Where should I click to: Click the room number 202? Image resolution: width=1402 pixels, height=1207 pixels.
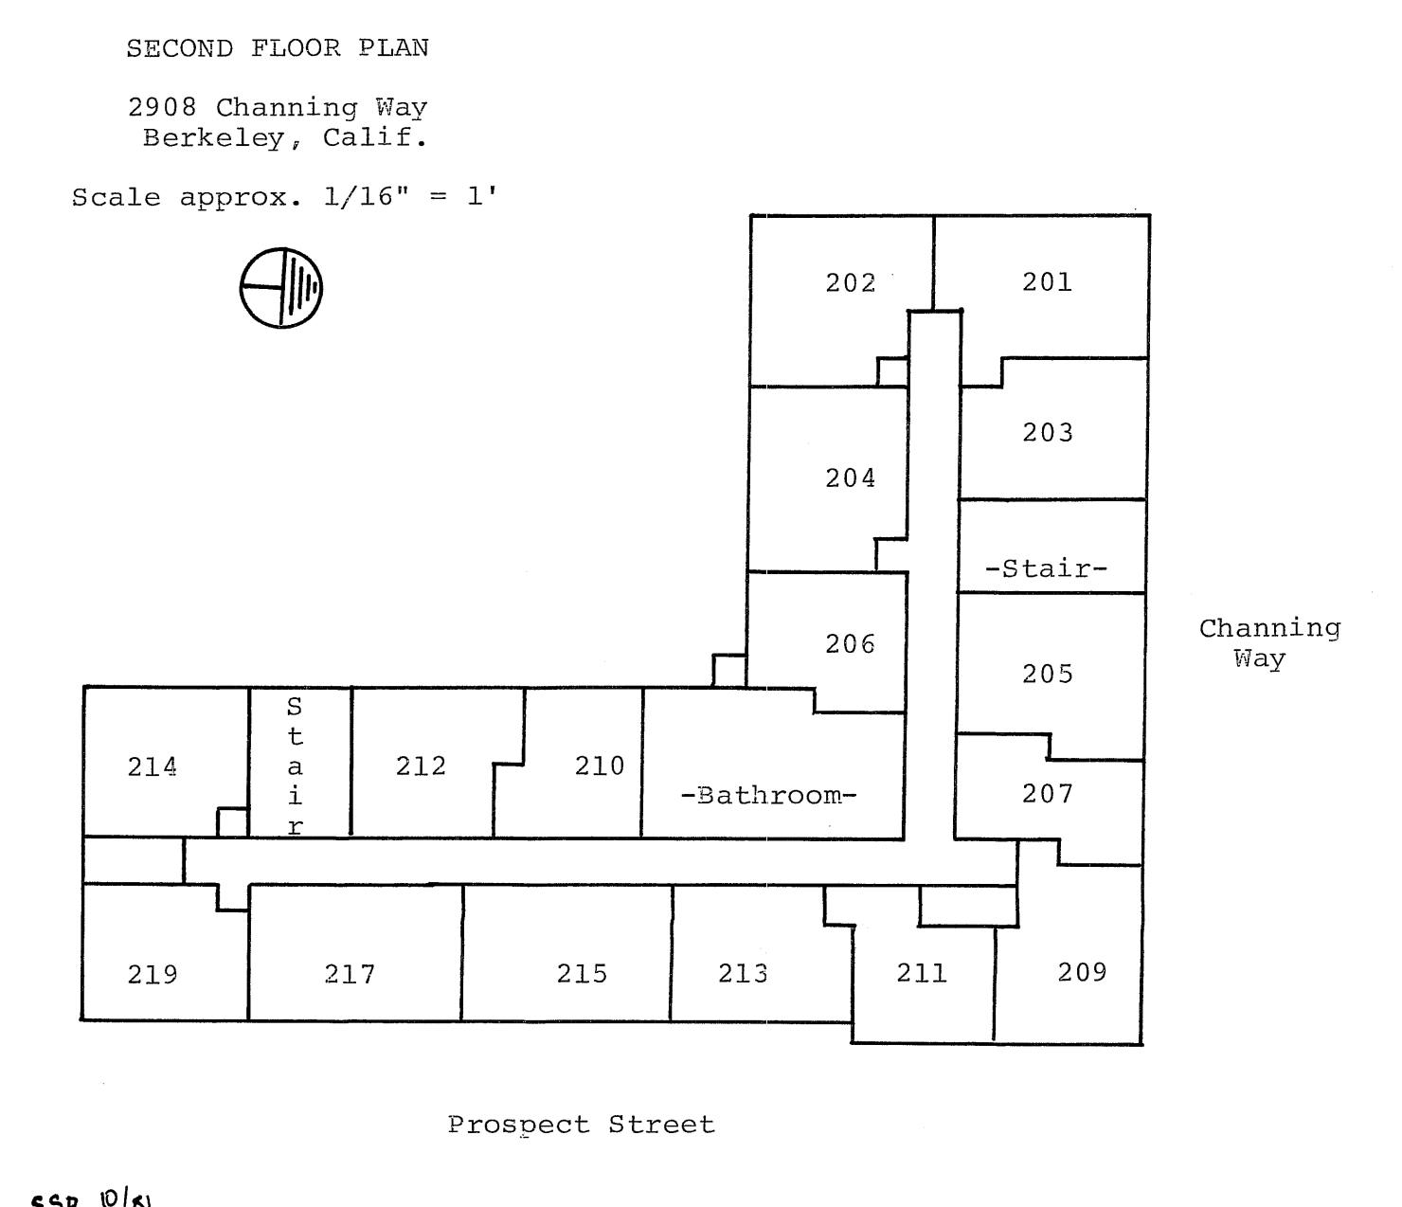point(850,282)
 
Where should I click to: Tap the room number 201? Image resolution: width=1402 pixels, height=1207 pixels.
point(1047,281)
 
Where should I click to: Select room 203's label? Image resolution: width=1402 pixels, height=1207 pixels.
point(1047,432)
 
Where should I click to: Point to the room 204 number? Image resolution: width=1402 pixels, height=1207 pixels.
point(850,478)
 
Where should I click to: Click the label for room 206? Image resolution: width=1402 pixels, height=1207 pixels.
point(850,644)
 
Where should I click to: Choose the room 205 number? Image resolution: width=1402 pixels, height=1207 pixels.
point(1047,674)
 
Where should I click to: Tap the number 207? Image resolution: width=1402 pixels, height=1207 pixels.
point(1047,793)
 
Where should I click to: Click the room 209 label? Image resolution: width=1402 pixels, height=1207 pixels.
point(1082,972)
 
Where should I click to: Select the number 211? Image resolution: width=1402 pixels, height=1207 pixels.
point(922,973)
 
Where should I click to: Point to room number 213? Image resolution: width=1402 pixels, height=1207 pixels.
point(743,973)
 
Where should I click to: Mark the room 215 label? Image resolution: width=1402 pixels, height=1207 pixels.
point(582,973)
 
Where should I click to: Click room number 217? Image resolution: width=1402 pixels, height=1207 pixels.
point(350,974)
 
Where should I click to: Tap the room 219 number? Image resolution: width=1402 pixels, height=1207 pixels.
point(152,974)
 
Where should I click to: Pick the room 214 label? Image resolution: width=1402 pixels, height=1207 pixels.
point(152,766)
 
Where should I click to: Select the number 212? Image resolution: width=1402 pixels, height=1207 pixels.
point(421,766)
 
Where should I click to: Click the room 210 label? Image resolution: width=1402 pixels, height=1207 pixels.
point(600,766)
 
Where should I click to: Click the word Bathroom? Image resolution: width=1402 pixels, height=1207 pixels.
point(768,795)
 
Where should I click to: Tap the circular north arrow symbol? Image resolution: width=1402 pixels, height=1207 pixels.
point(281,287)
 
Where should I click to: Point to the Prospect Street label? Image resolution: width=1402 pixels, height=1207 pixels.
point(581,1125)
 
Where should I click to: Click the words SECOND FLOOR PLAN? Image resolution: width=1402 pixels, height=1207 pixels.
point(278,48)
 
